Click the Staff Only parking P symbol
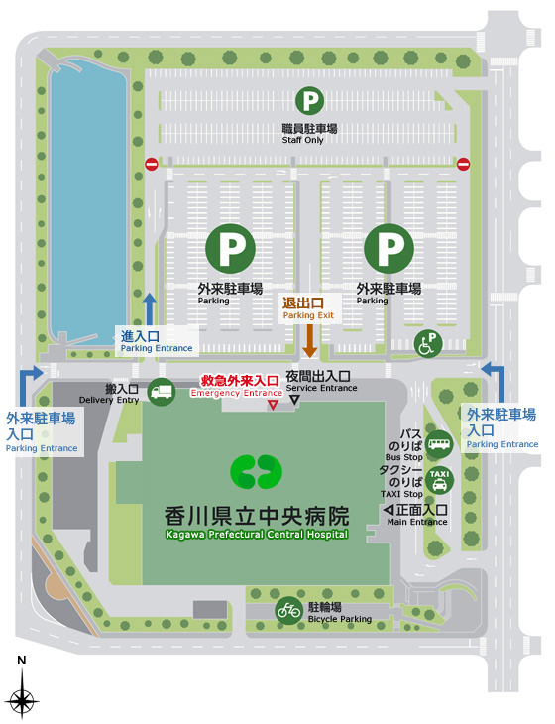pyautogui.click(x=311, y=99)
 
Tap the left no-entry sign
pyautogui.click(x=152, y=164)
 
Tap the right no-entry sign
pyautogui.click(x=463, y=164)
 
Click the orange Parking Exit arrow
pyautogui.click(x=309, y=340)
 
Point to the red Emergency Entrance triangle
pyautogui.click(x=273, y=405)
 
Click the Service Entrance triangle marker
pyautogui.click(x=294, y=400)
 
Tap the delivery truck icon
pyautogui.click(x=162, y=392)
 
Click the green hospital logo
pyautogui.click(x=257, y=472)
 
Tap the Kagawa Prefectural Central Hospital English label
pyautogui.click(x=257, y=534)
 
